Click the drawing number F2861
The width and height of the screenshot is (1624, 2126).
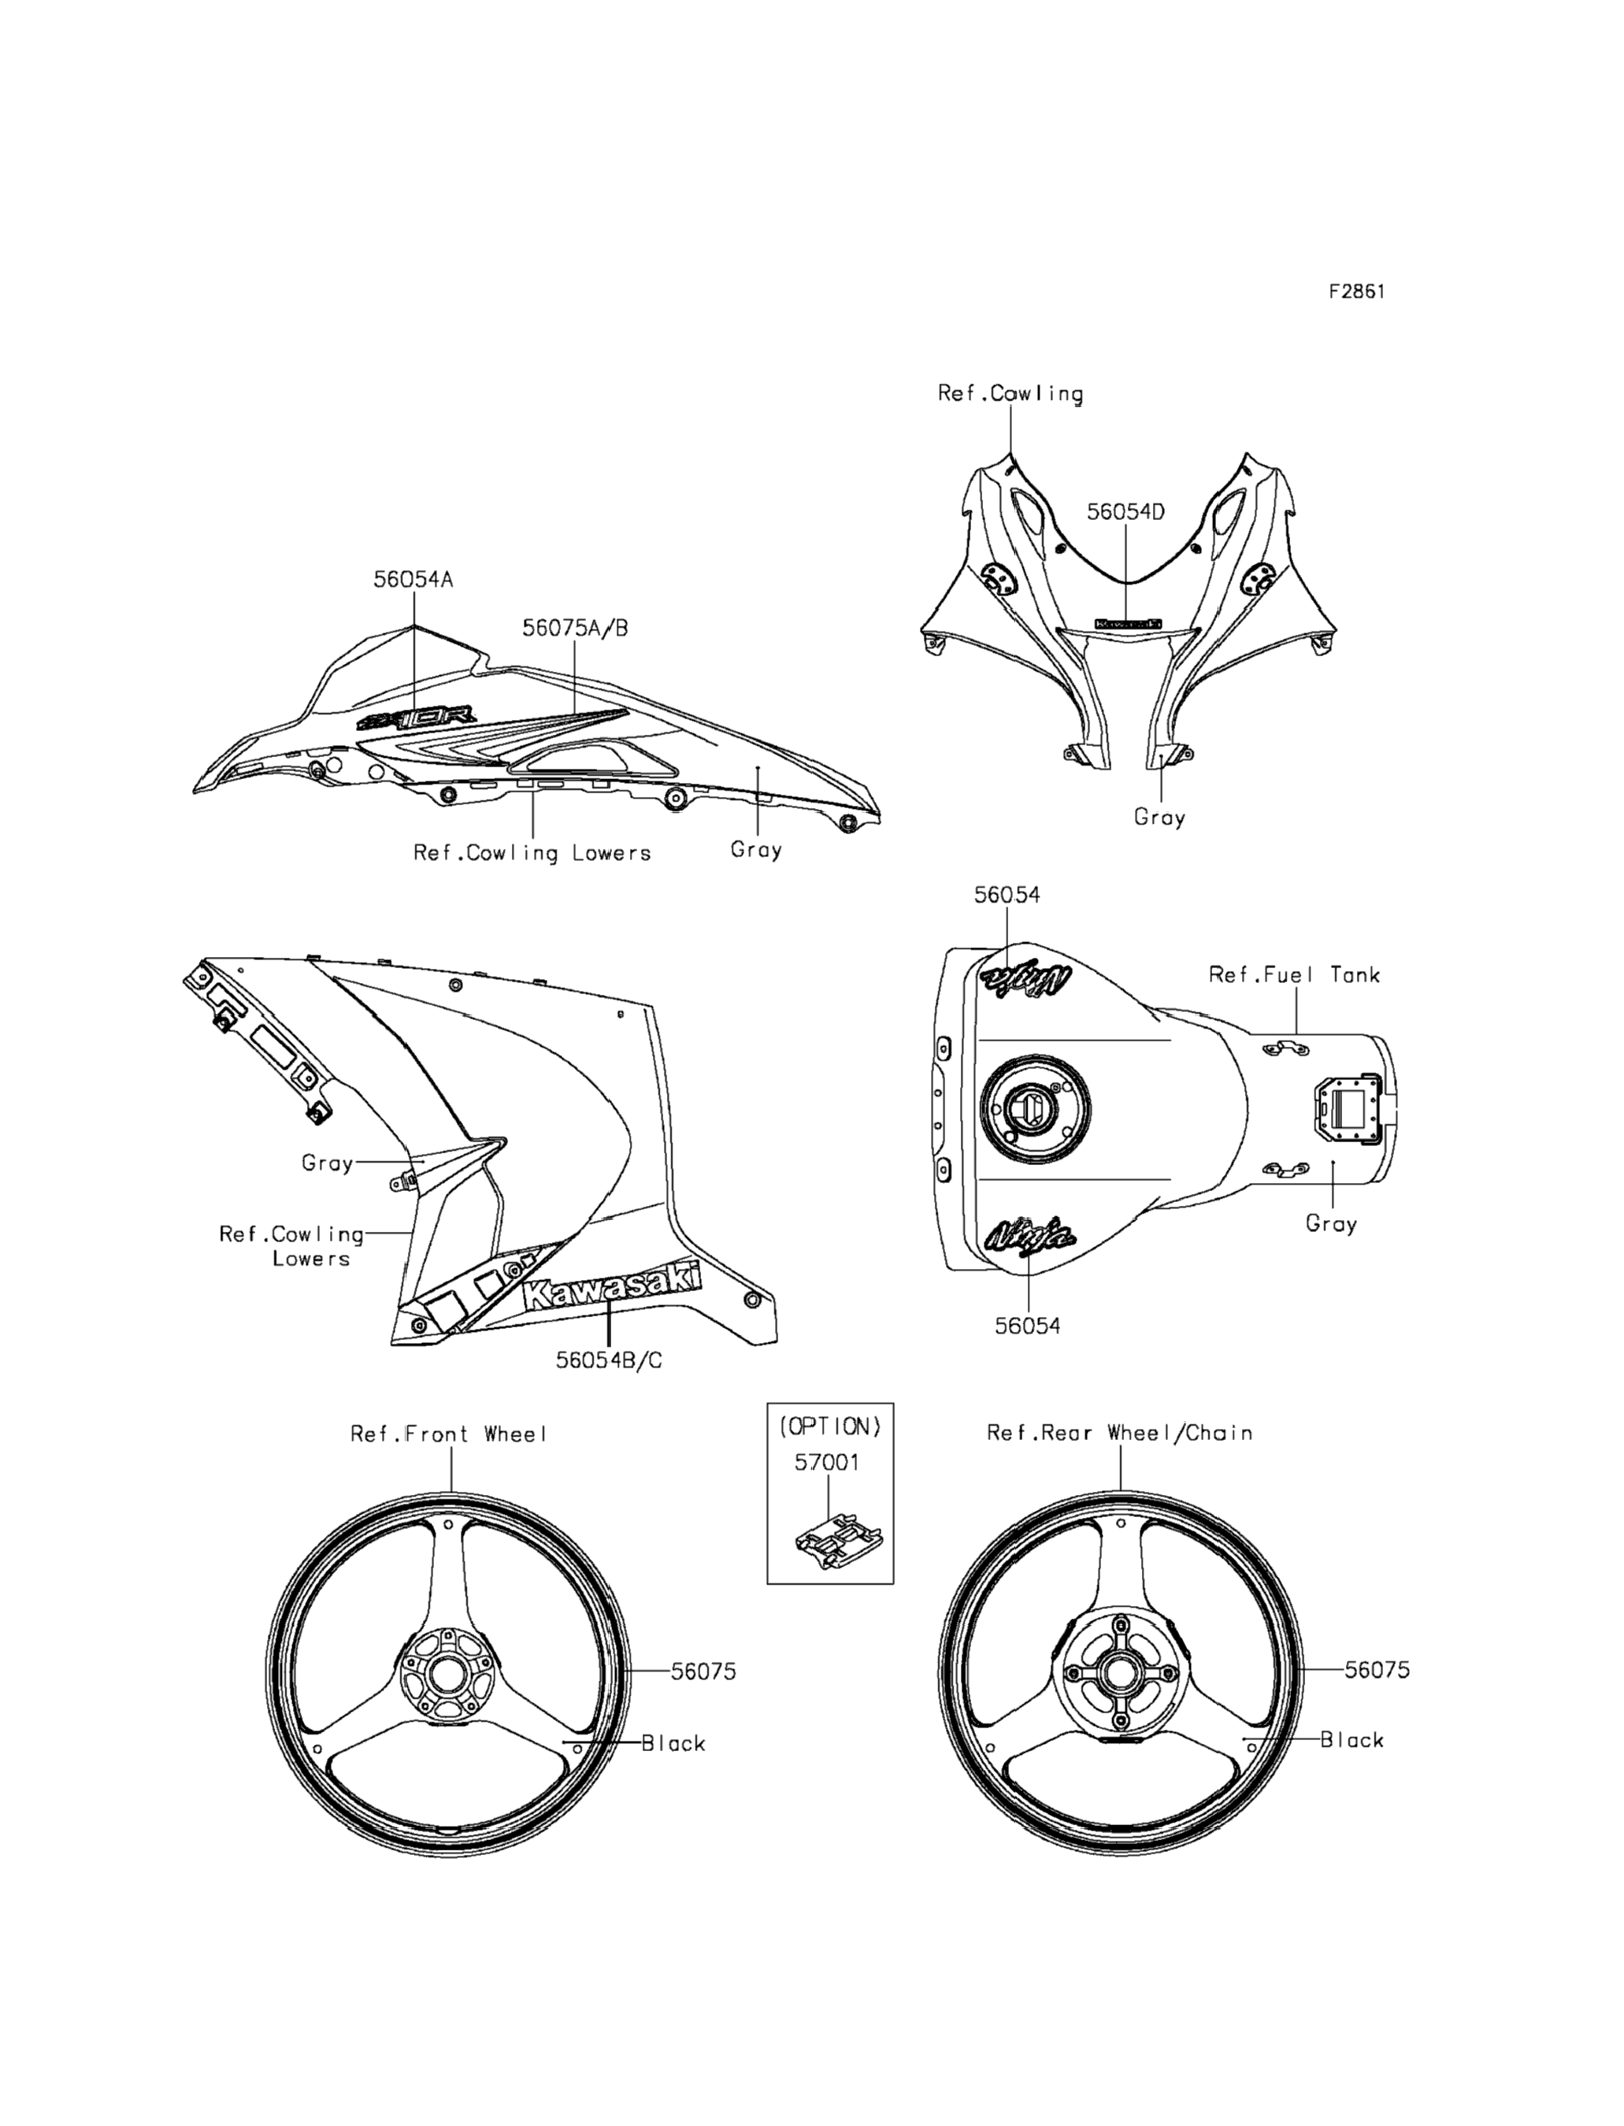click(1356, 291)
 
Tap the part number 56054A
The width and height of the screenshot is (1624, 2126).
click(413, 579)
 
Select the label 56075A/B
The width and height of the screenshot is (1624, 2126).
click(575, 628)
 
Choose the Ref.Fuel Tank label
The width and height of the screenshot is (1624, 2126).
click(1294, 974)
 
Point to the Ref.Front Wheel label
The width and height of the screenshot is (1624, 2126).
click(450, 1434)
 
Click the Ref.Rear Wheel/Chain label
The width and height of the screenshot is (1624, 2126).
click(1119, 1433)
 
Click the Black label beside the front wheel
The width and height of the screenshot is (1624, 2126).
click(673, 1743)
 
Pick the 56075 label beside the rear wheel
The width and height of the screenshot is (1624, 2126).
click(1377, 1670)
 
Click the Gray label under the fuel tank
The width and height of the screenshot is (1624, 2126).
click(1331, 1224)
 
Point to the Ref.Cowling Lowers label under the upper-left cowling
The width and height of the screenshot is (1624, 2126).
click(532, 853)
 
